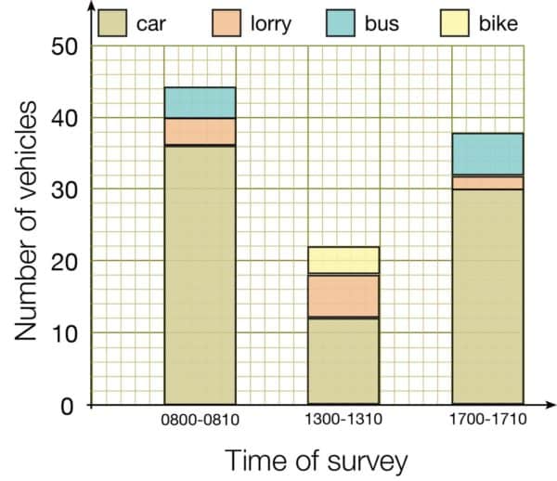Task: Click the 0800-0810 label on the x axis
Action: coord(200,420)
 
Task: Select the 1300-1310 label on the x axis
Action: coord(343,420)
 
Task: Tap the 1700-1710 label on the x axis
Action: coord(488,420)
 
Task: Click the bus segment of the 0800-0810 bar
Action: coord(200,102)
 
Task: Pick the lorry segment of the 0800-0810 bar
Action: coord(200,131)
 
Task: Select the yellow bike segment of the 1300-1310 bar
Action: coord(343,260)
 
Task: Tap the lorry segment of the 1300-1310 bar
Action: coord(343,295)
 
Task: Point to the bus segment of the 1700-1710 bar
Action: coord(487,153)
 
